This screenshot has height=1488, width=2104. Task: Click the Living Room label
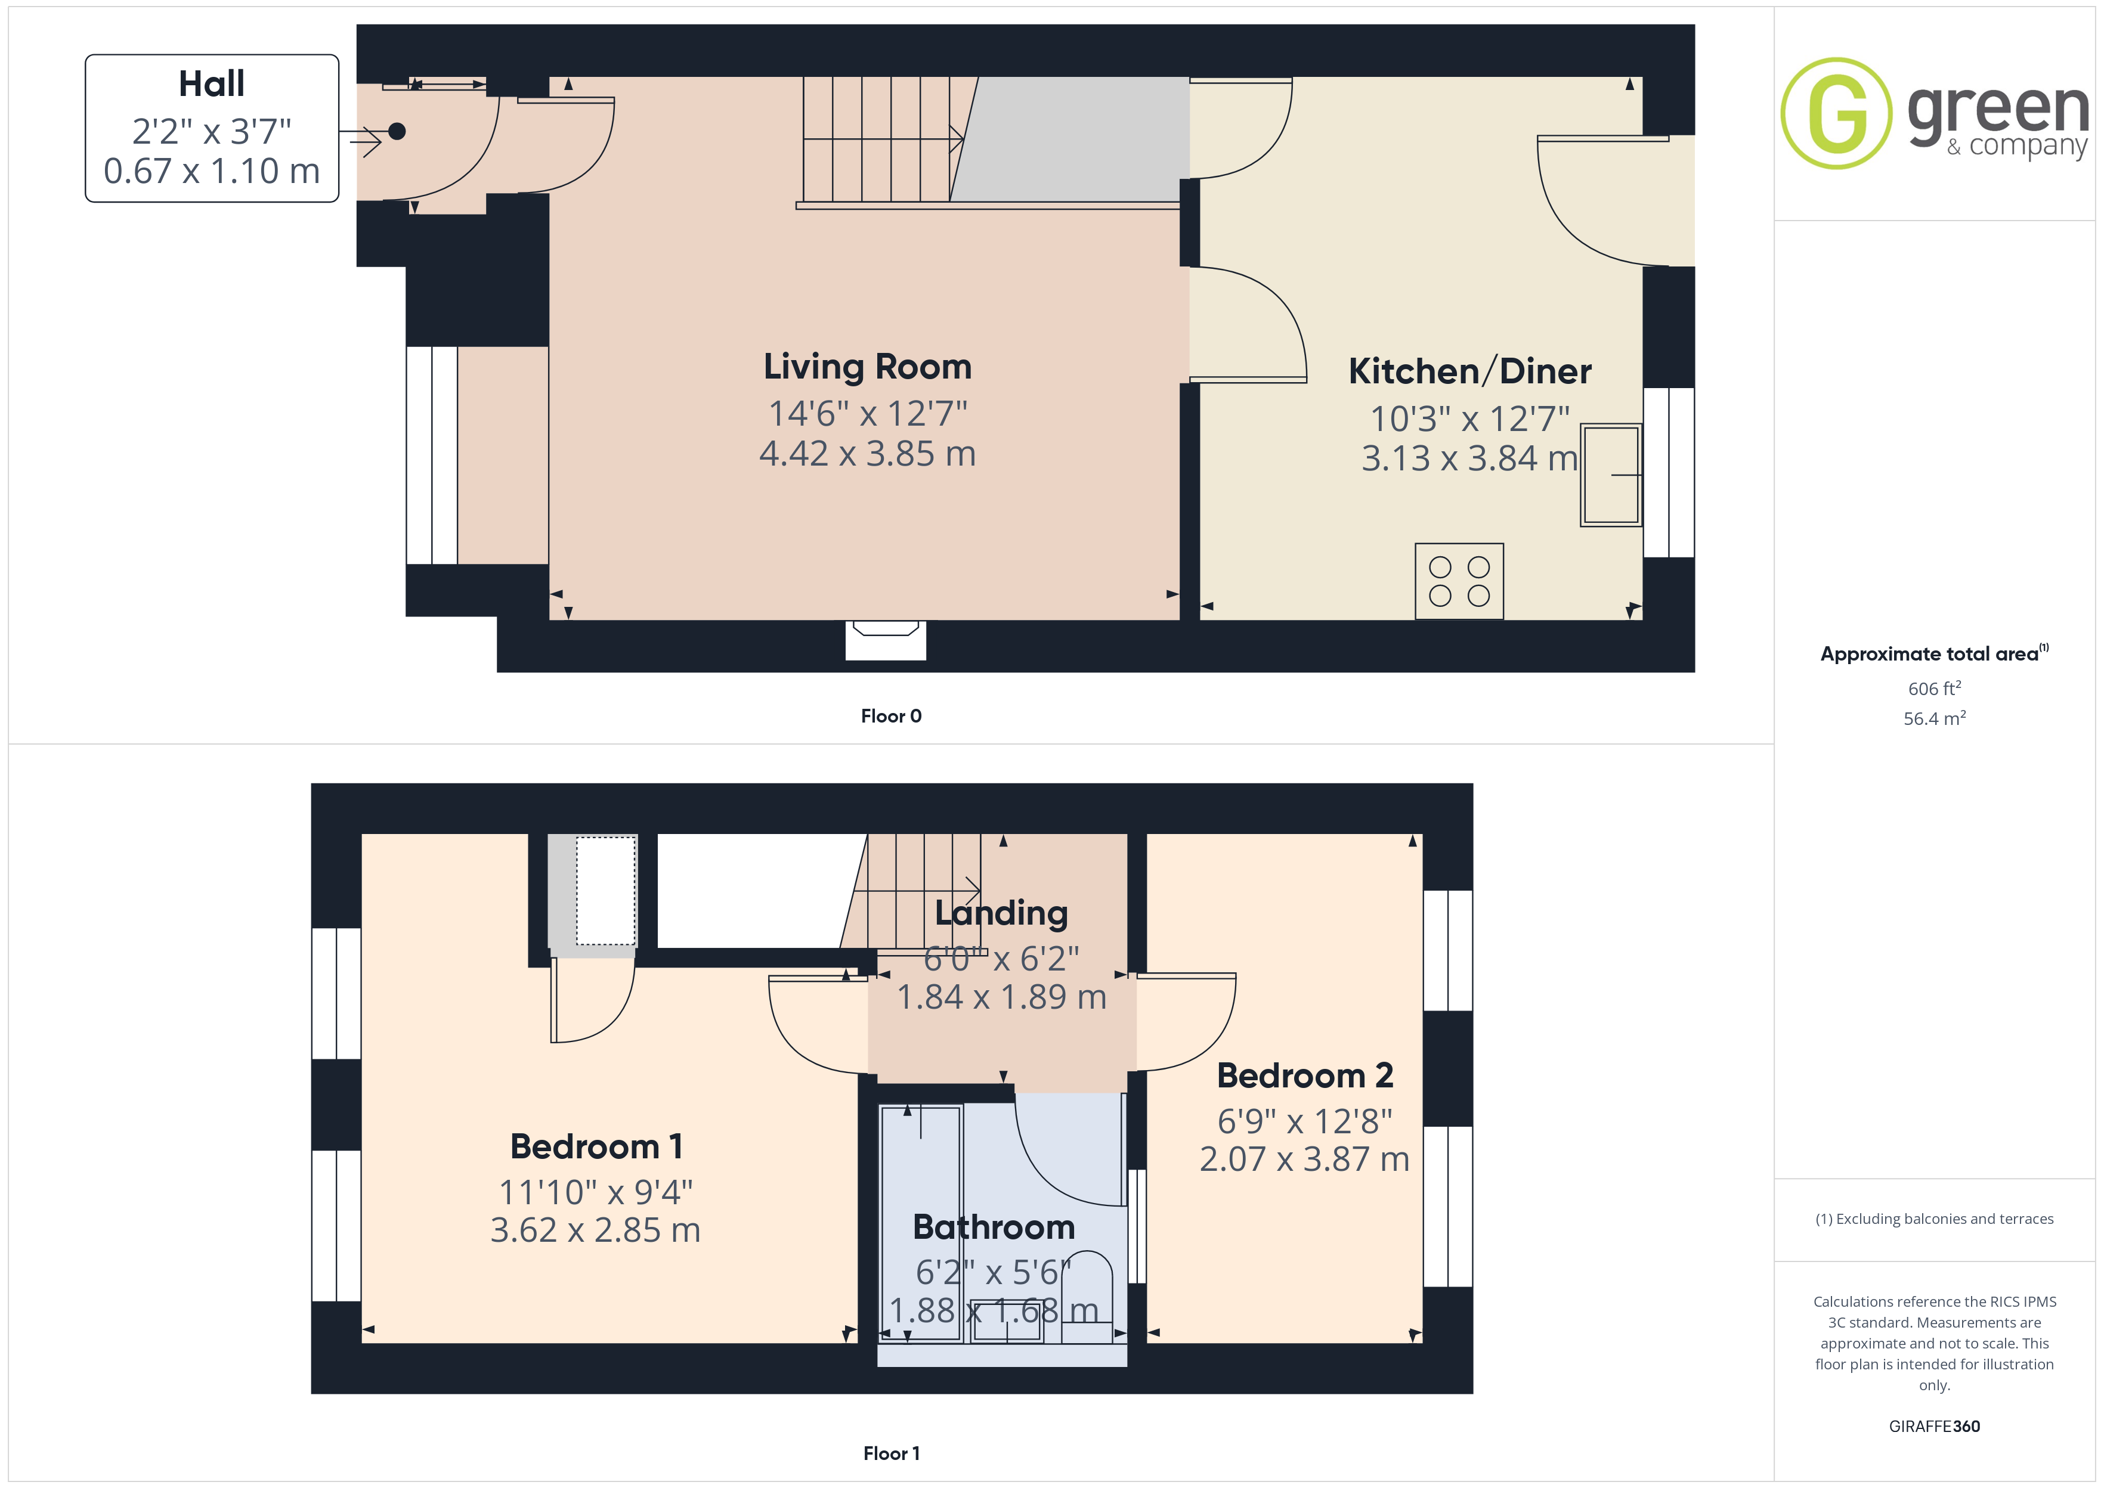pos(867,367)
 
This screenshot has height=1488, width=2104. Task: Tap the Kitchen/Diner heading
pos(1470,371)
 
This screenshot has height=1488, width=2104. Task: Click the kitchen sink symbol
pos(1610,475)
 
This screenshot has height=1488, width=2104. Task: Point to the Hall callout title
pos(212,83)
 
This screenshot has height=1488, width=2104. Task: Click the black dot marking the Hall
pos(397,131)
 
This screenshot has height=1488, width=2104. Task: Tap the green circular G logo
pos(1836,114)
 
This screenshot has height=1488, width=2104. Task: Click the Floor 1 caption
pos(891,1453)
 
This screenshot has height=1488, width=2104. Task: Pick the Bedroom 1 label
pos(596,1146)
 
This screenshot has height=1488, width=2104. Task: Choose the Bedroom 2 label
pos(1305,1075)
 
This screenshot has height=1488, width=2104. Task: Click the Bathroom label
pos(994,1227)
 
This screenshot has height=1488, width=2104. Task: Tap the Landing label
pos(1001,913)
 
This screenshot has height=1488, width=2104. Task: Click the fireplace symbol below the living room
pos(885,640)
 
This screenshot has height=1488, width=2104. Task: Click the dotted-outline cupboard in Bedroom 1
pos(606,889)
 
